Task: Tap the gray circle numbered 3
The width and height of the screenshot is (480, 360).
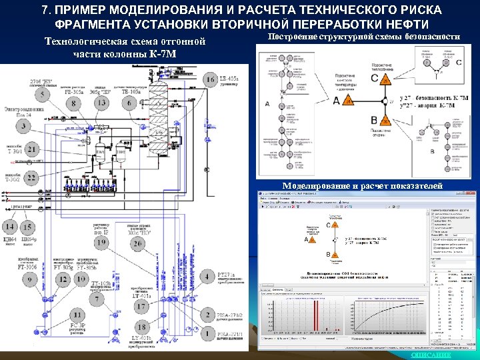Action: tap(25, 125)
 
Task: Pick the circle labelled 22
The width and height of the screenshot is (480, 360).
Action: tap(31, 177)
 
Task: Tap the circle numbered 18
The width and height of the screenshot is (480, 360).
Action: tap(141, 326)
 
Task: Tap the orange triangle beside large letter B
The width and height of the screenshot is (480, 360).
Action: tap(383, 121)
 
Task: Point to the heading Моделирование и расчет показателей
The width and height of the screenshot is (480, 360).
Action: tap(361, 186)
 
